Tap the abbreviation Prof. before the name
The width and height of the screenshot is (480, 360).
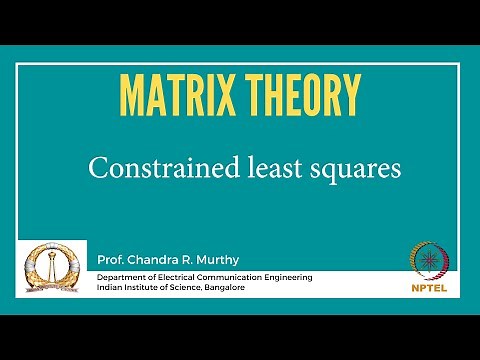pos(109,260)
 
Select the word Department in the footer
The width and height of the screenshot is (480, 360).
pos(124,276)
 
